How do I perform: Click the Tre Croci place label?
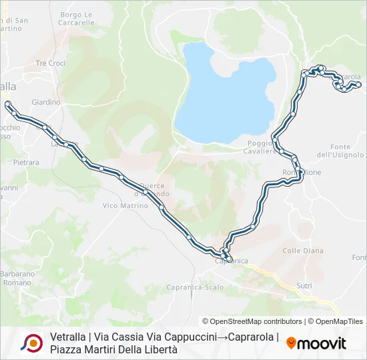[51, 63]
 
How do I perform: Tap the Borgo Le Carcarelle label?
[77, 18]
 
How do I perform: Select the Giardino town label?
[46, 102]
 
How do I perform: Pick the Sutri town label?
[304, 285]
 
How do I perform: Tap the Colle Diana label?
[303, 251]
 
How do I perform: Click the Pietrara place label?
[27, 162]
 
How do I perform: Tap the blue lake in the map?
[224, 93]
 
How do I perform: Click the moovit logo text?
[322, 343]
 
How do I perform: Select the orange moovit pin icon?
[291, 343]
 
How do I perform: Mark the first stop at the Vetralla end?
[7, 104]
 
